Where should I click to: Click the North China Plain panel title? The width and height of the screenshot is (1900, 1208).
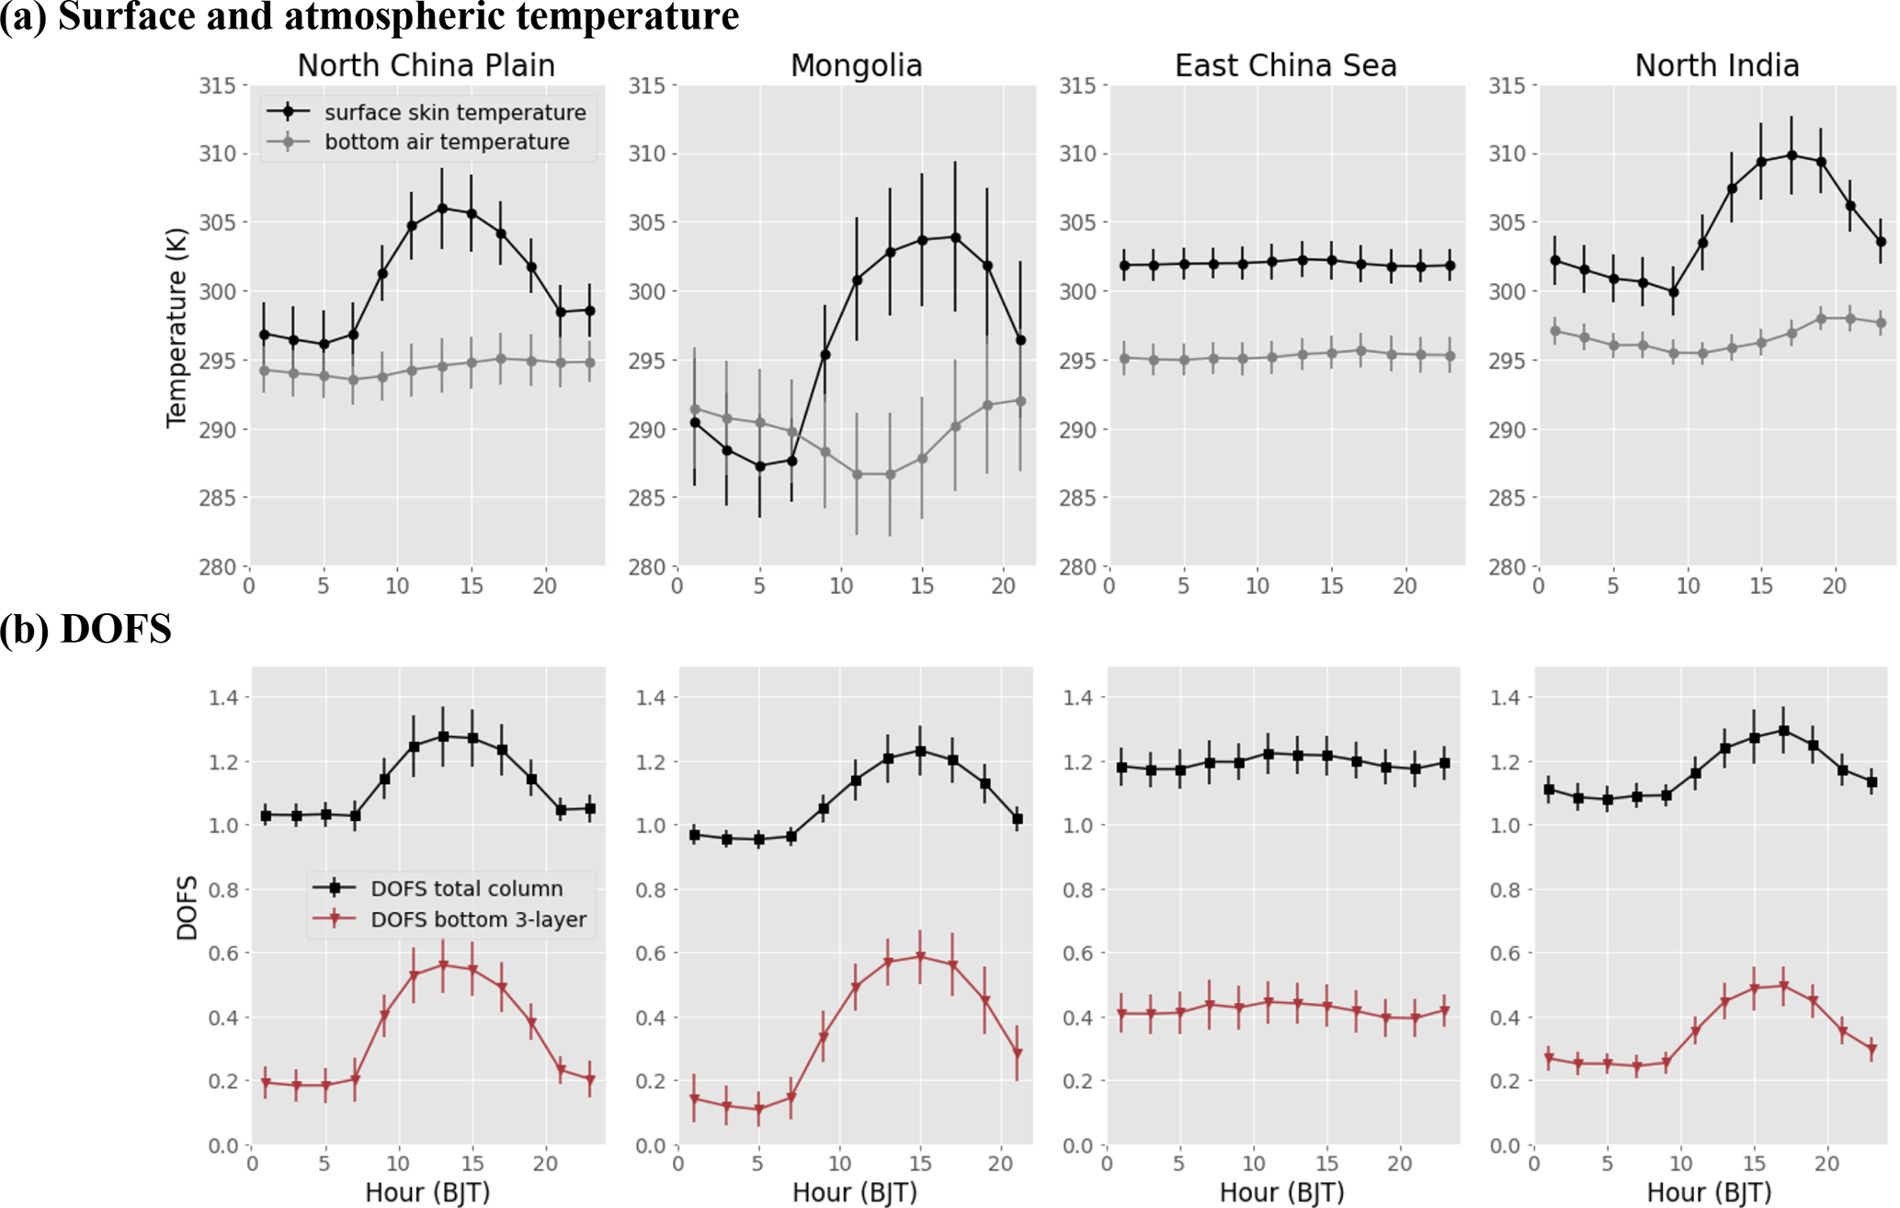tap(426, 65)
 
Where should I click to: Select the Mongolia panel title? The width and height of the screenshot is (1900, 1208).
tap(856, 65)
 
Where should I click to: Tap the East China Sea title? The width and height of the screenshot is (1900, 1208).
tap(1285, 65)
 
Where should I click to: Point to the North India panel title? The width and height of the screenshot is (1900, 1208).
tap(1716, 65)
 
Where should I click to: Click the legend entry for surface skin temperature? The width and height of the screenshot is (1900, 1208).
tap(454, 112)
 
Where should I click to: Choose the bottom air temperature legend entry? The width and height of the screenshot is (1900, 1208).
tap(446, 142)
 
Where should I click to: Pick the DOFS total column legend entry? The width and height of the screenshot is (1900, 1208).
tap(466, 888)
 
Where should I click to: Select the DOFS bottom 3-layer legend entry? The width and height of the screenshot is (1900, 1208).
tap(478, 919)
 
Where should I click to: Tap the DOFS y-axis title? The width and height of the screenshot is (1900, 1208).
tap(188, 907)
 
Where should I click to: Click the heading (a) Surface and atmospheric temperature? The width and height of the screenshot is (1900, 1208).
tap(370, 17)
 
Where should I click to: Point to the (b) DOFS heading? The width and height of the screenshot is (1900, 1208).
tap(86, 629)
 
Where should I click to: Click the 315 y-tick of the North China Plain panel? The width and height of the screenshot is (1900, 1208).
tap(217, 85)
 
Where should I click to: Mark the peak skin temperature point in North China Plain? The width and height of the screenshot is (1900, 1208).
tap(442, 209)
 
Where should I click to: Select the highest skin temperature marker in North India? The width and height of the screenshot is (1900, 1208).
tap(1792, 155)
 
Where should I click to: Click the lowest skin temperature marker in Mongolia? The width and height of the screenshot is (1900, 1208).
tap(759, 466)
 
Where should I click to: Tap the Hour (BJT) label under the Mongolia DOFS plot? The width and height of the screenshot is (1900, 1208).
tap(855, 1192)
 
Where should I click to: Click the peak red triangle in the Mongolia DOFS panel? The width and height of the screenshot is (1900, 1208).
tap(920, 957)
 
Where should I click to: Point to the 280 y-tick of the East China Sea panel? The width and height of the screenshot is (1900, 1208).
tap(1077, 566)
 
